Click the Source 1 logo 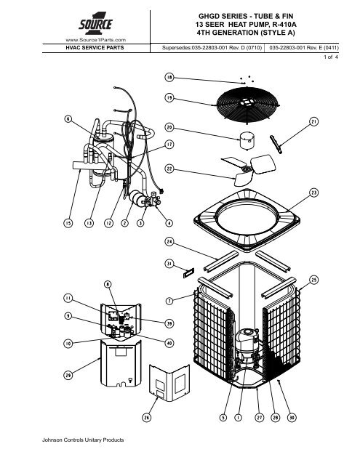tap(95, 24)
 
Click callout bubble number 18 tap(169, 78)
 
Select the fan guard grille tap(248, 103)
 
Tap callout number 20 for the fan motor tap(169, 128)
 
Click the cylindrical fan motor tap(247, 140)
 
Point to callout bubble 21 tap(313, 121)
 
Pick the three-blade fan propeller tap(249, 170)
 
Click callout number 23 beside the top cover tap(313, 193)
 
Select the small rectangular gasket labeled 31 tap(188, 273)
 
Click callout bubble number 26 tap(147, 418)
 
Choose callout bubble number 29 tap(68, 375)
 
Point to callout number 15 tap(68, 223)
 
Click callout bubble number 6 tap(68, 119)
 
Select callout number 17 tap(169, 145)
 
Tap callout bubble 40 tap(169, 343)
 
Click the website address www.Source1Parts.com tap(95, 40)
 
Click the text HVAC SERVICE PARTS tap(95, 48)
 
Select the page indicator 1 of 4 tap(331, 57)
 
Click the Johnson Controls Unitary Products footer tap(83, 440)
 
